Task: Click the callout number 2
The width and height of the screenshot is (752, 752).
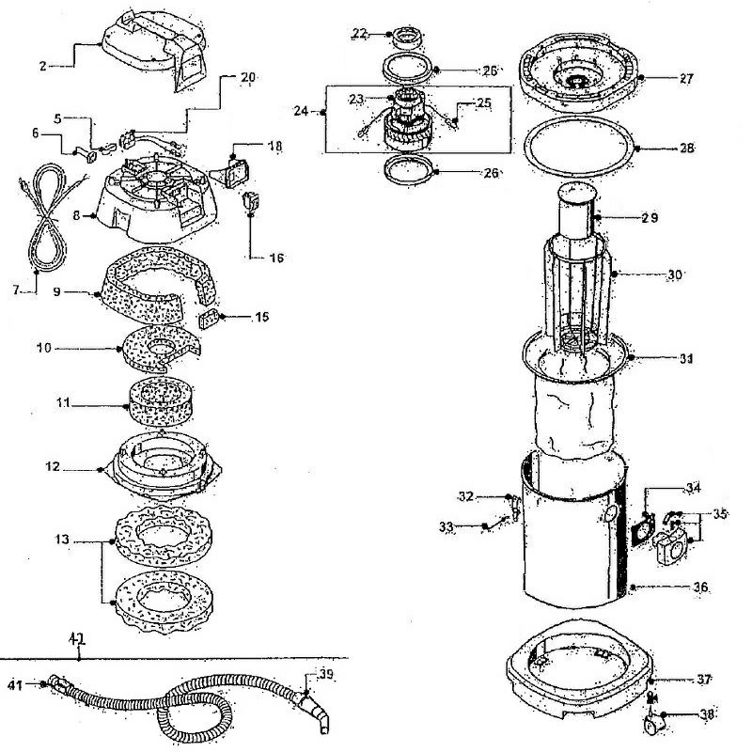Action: (42, 66)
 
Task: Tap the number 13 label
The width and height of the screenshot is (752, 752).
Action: (62, 542)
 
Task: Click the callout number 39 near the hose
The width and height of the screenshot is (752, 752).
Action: (324, 674)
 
